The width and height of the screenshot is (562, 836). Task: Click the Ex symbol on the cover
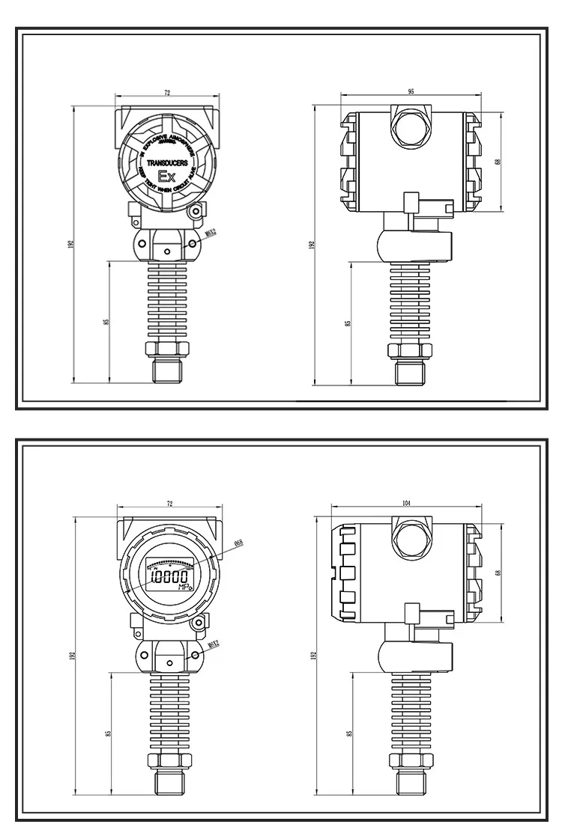(166, 177)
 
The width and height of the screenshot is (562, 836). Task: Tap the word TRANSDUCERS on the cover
(167, 162)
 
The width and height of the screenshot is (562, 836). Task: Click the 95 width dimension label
(411, 91)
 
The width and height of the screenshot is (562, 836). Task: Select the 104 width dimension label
(406, 504)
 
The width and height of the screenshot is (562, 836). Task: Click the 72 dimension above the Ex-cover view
(167, 92)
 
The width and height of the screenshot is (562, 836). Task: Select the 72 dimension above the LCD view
(169, 504)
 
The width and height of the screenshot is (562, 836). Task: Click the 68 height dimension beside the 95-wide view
(498, 162)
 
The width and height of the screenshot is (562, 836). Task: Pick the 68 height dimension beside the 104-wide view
(498, 573)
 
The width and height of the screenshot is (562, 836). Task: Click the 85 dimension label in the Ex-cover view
(106, 321)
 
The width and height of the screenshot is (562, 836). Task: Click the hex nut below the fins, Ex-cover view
(167, 348)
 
